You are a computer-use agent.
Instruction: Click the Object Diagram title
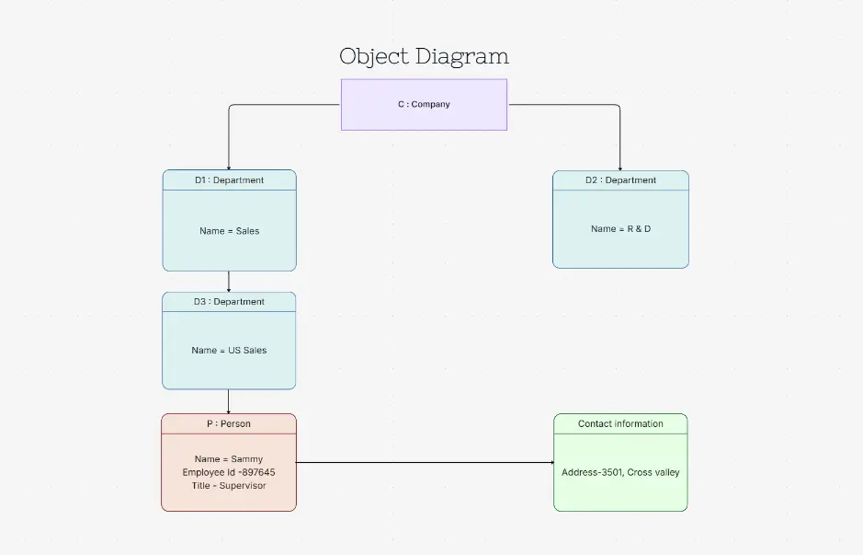(424, 56)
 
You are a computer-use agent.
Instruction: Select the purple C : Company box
(424, 104)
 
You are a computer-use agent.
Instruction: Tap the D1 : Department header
(229, 180)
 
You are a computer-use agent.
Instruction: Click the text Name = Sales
(229, 231)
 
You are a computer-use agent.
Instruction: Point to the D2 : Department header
(620, 180)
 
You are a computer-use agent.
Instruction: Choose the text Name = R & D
(620, 228)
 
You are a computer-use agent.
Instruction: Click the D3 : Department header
(229, 302)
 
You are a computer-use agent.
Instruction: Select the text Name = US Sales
(229, 351)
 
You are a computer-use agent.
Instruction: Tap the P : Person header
(229, 424)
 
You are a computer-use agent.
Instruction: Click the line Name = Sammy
(229, 459)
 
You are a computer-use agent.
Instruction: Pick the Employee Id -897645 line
(229, 472)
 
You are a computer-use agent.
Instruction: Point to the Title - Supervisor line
(229, 485)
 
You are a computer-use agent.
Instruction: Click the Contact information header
(620, 424)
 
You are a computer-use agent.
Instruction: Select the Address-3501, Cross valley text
(620, 472)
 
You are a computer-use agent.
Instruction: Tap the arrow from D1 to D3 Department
(229, 282)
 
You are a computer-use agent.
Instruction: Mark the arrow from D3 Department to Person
(229, 401)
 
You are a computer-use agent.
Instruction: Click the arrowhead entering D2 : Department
(619, 167)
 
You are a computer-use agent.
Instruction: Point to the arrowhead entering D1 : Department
(229, 166)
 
